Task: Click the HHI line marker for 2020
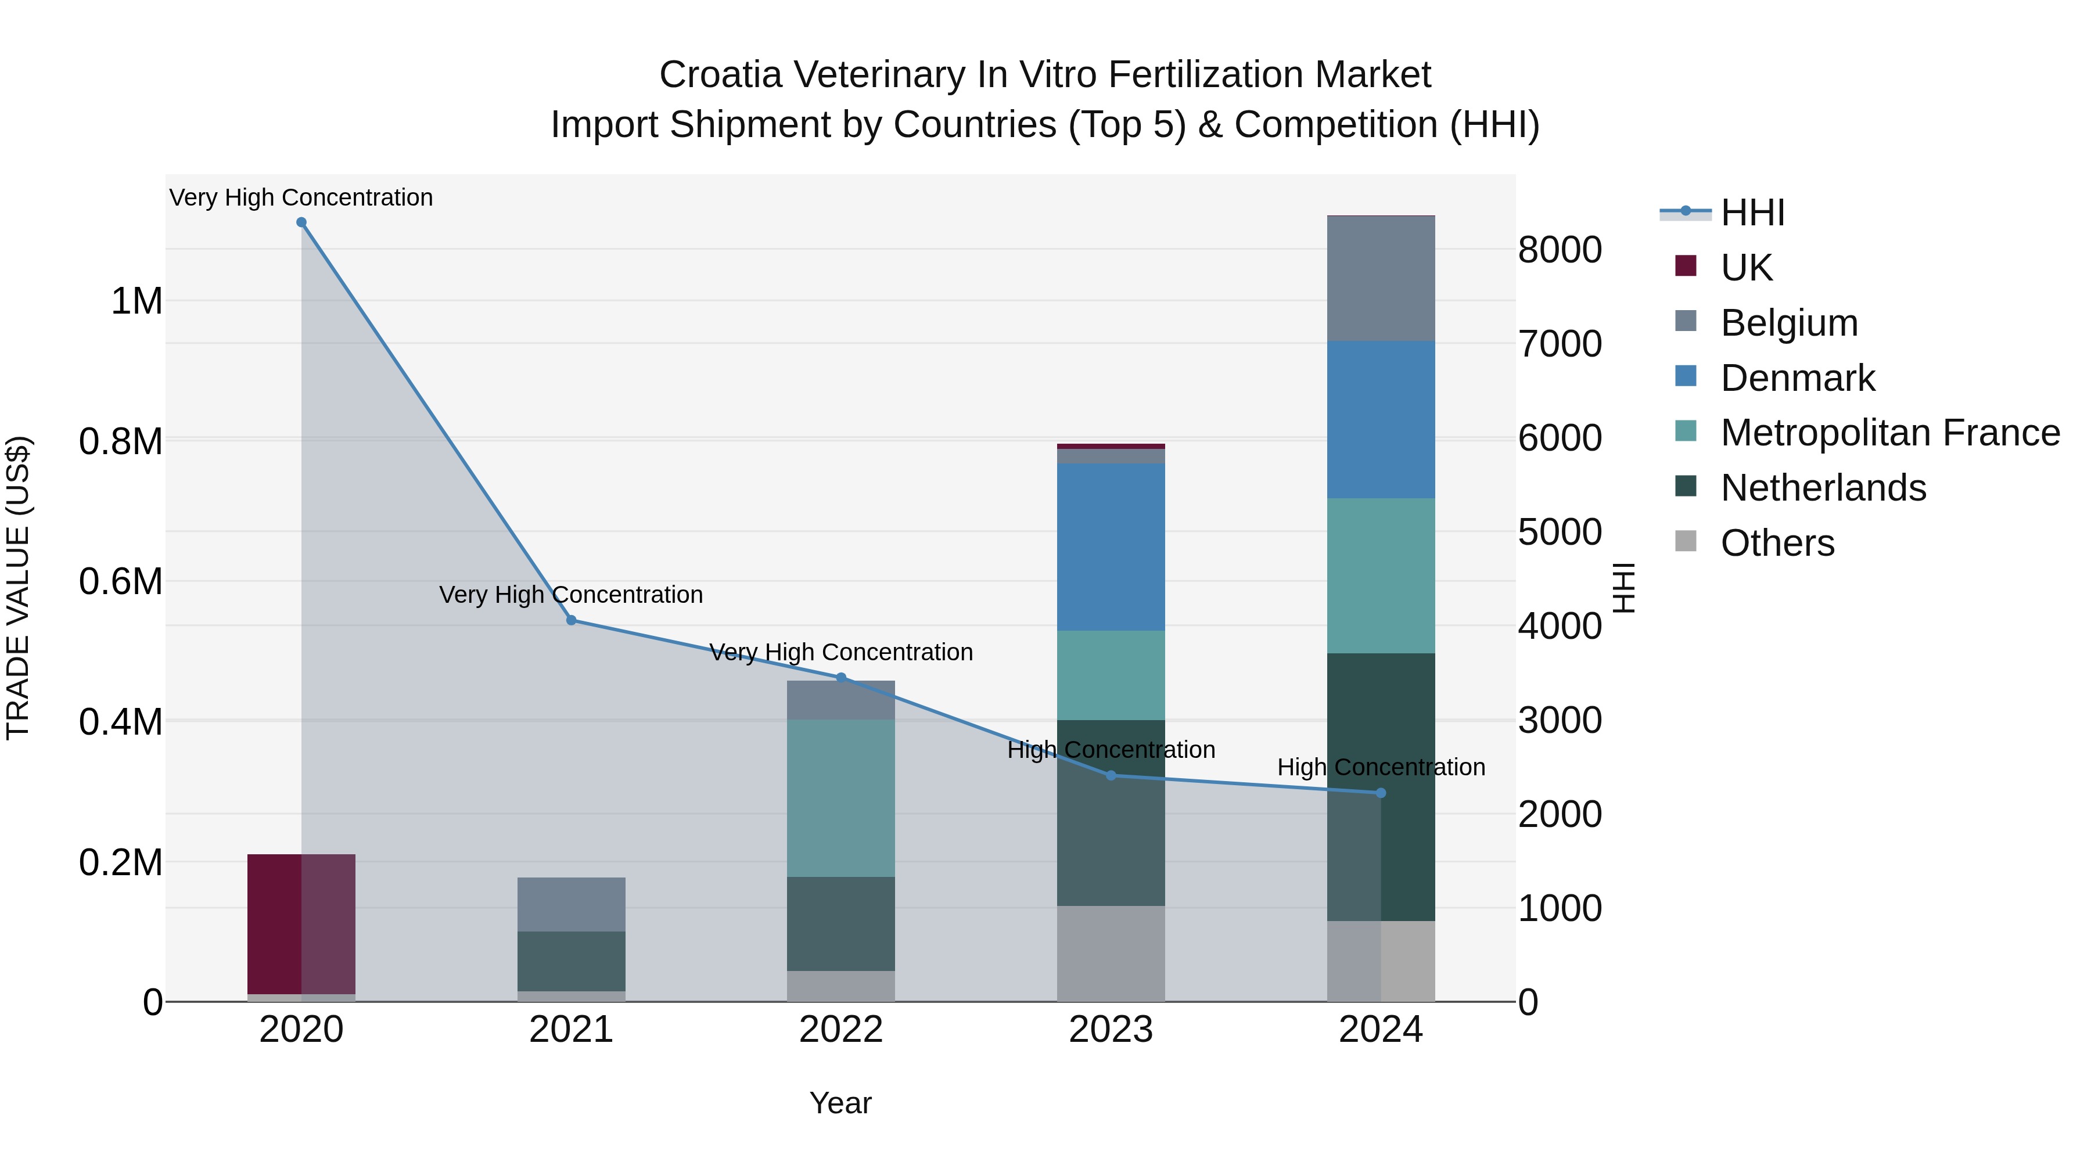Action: tap(301, 222)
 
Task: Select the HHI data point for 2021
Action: tap(570, 620)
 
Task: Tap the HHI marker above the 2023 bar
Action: tap(1111, 776)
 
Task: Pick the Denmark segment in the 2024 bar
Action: tap(1381, 420)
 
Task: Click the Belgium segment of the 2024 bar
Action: tap(1381, 278)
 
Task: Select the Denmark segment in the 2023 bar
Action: tap(1111, 547)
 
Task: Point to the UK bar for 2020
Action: tap(301, 923)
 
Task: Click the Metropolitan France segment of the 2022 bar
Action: tap(841, 798)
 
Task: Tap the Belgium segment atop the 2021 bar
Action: tap(570, 904)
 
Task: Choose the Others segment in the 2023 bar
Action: tap(1111, 954)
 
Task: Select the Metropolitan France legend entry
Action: tap(1889, 433)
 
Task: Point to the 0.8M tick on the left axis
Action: tap(121, 443)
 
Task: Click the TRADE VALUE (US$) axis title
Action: tap(19, 588)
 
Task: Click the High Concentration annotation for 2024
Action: tap(1381, 767)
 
